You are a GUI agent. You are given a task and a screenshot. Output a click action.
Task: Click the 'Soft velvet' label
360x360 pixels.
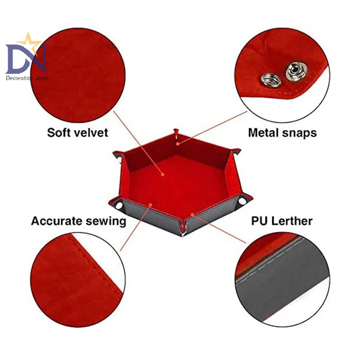[78, 132]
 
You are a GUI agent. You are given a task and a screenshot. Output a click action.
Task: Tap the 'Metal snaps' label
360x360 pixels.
[282, 132]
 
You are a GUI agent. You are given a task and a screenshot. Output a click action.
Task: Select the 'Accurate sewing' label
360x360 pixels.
[78, 221]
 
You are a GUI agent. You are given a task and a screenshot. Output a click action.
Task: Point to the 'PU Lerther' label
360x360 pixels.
[282, 221]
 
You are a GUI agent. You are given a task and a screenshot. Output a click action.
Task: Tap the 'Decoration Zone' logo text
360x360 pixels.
[27, 78]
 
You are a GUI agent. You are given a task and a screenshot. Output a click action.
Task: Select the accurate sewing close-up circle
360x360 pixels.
[76, 279]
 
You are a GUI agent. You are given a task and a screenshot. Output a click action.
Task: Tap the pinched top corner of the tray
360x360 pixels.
[177, 133]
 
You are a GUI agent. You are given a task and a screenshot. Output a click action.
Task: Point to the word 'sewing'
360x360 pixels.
[106, 221]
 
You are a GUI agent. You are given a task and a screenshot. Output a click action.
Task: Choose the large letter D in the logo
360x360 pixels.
[18, 58]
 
